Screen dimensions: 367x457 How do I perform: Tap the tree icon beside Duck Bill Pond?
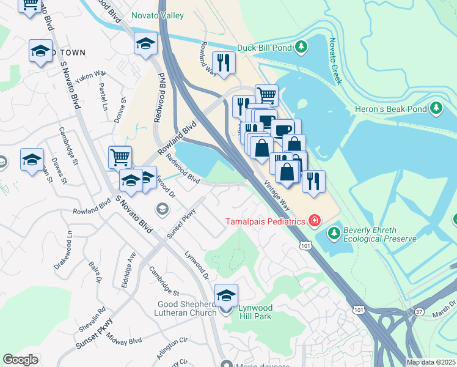click(x=301, y=46)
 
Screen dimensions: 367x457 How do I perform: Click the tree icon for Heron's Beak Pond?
click(x=436, y=109)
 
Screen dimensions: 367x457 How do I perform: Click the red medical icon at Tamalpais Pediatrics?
click(x=314, y=220)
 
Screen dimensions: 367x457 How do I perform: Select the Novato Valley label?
click(x=157, y=15)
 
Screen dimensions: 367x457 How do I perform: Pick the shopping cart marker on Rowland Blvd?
click(x=120, y=157)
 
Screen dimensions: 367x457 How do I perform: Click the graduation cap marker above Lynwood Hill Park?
click(x=226, y=295)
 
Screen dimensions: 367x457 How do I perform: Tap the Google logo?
click(x=20, y=360)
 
